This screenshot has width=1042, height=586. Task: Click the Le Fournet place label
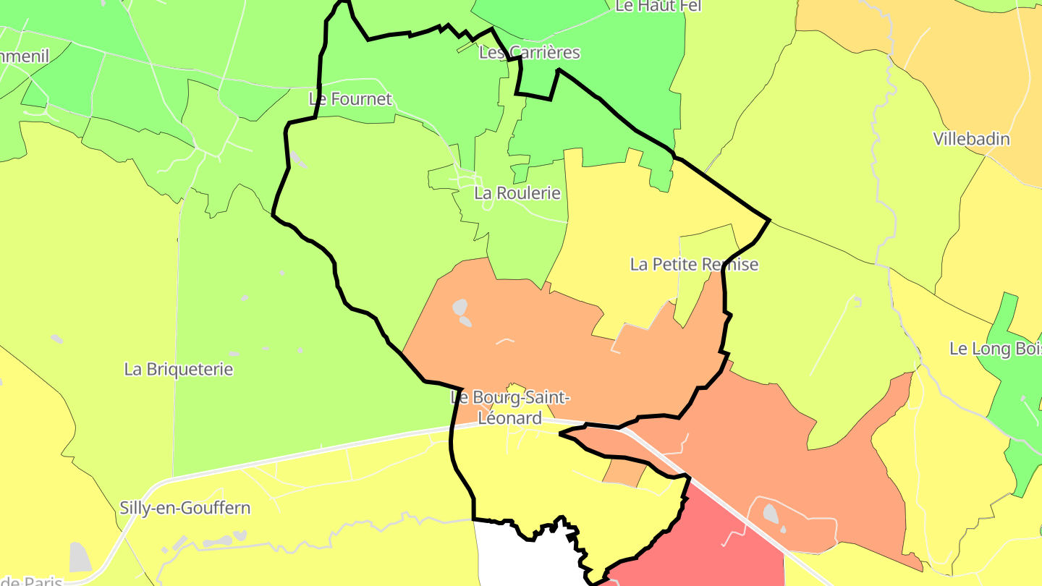(x=350, y=99)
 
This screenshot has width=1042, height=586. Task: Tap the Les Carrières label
(x=530, y=53)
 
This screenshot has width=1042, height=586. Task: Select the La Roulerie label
(x=517, y=193)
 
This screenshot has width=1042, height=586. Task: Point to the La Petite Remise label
(x=694, y=264)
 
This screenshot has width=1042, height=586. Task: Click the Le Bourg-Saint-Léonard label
(x=510, y=407)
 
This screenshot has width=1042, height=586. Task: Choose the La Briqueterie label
(x=179, y=369)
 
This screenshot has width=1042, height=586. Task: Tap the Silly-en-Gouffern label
(x=185, y=508)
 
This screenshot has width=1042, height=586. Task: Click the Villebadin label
(x=971, y=139)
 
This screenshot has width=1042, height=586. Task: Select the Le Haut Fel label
(x=648, y=7)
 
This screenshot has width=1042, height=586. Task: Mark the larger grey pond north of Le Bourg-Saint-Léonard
(x=459, y=307)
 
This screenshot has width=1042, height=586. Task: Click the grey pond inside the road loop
(x=771, y=514)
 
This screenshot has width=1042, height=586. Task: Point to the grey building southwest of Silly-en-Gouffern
(x=80, y=557)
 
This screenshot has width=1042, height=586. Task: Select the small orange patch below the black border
(x=624, y=472)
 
